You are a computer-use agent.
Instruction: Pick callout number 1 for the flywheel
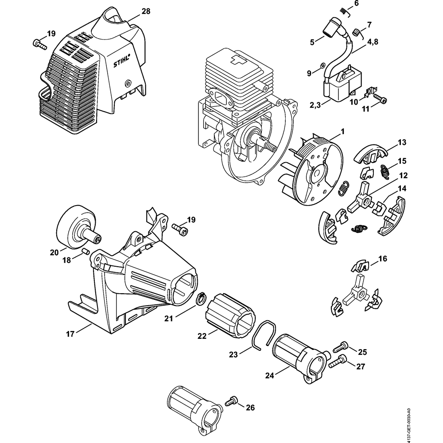click(342, 132)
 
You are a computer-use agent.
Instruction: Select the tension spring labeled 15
click(384, 171)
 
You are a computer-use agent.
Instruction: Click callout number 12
click(404, 175)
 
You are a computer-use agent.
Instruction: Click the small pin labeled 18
click(85, 251)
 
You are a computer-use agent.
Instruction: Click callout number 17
click(70, 334)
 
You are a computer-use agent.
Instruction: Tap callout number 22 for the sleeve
click(202, 336)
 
